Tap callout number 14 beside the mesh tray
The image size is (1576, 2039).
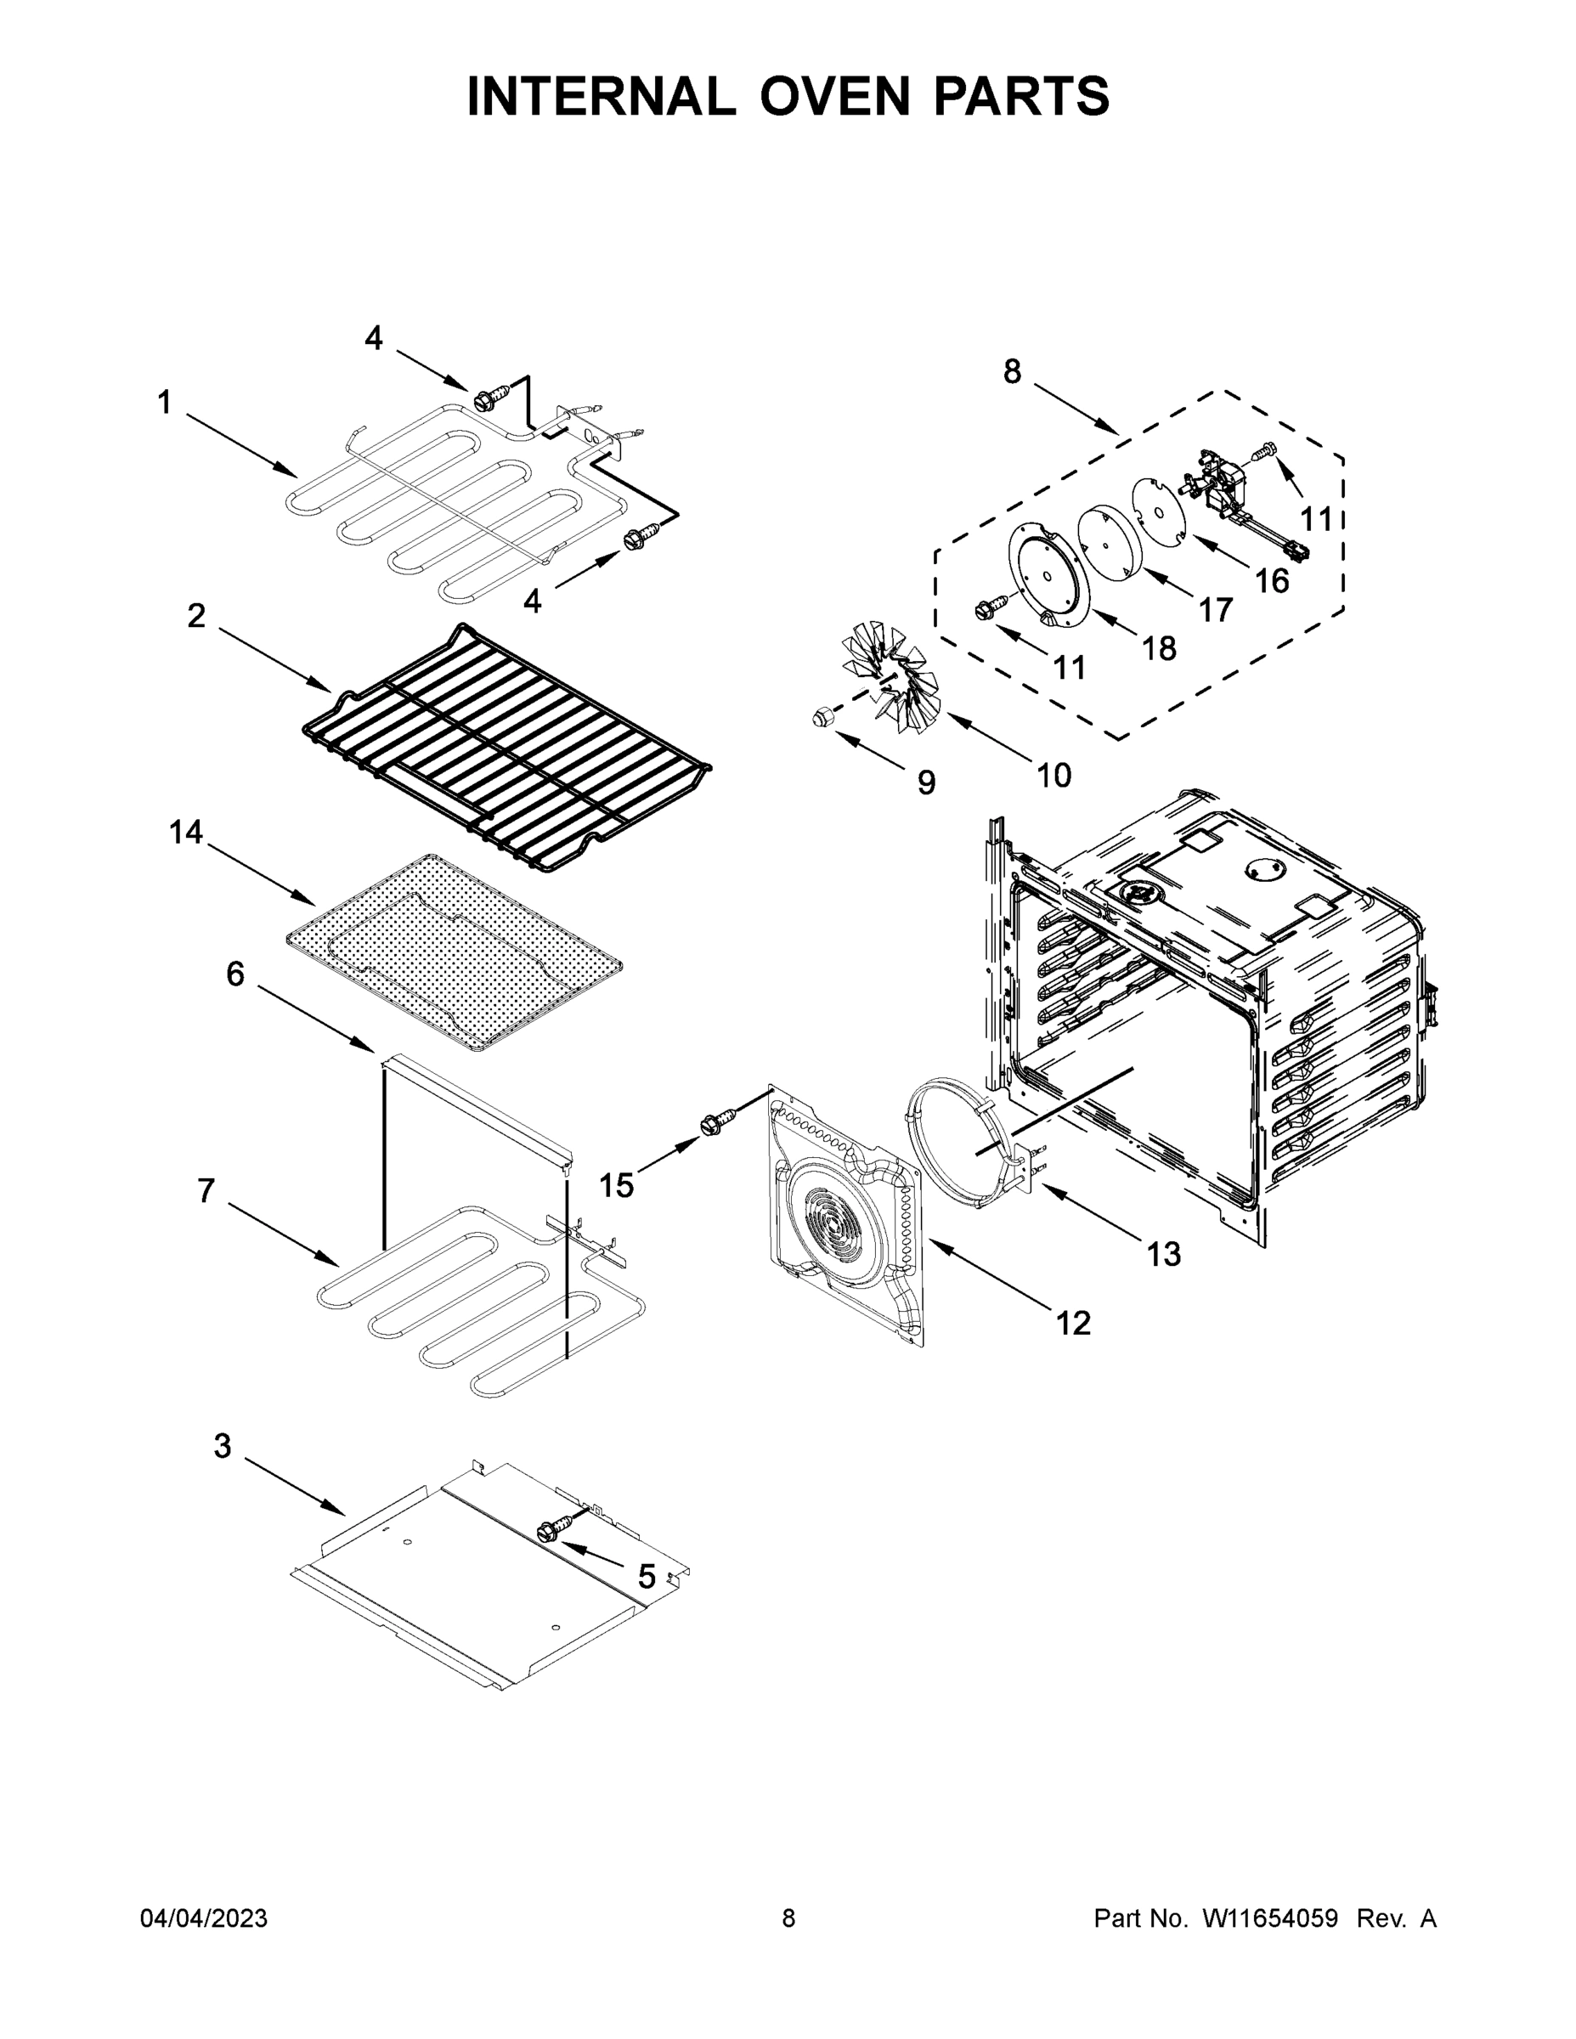(x=186, y=832)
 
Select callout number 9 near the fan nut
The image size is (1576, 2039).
(x=925, y=782)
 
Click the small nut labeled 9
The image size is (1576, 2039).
(x=822, y=718)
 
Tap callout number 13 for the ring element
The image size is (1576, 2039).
(x=1164, y=1254)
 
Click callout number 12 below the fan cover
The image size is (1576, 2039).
(x=1073, y=1323)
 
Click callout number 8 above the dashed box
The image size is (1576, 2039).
(x=1012, y=371)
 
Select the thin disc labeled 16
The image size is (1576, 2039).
(x=1158, y=508)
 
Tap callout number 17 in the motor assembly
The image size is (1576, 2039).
(x=1215, y=611)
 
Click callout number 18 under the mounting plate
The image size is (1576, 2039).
(x=1160, y=648)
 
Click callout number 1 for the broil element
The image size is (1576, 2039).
(x=164, y=403)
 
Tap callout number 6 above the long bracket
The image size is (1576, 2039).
(x=235, y=974)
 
